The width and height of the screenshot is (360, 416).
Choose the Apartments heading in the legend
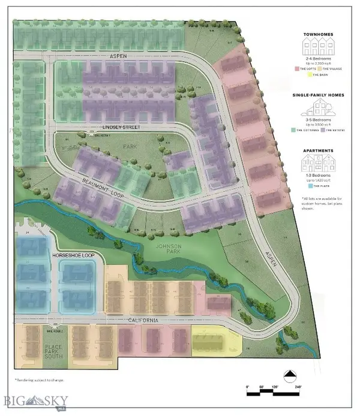pos(318,152)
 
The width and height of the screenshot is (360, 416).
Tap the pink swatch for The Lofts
pos(296,70)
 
